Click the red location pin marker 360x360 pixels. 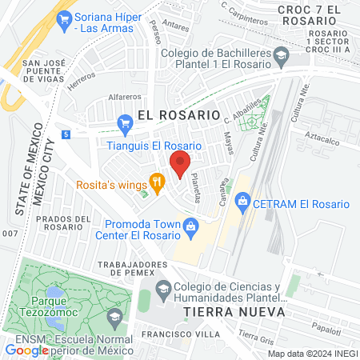click(x=180, y=164)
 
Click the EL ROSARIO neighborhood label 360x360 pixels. click(x=178, y=114)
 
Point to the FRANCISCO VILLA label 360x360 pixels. click(x=176, y=333)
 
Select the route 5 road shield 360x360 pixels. click(x=65, y=134)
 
